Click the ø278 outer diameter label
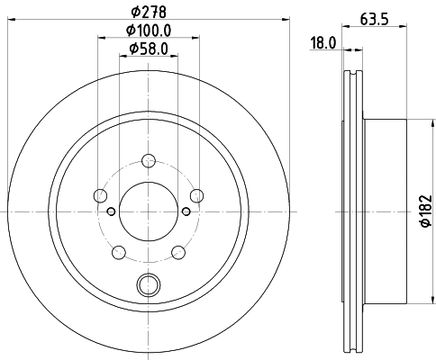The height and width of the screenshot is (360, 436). click(147, 13)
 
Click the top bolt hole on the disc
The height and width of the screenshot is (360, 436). click(148, 161)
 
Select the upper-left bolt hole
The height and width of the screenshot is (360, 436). click(100, 196)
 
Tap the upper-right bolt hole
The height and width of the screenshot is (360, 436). click(195, 196)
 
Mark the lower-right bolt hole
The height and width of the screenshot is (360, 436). click(177, 252)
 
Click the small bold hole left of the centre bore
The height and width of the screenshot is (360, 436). click(110, 211)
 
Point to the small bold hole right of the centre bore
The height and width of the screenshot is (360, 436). click(186, 211)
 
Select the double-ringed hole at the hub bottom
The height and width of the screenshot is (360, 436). click(148, 285)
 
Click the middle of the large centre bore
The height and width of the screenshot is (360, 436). click(148, 211)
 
